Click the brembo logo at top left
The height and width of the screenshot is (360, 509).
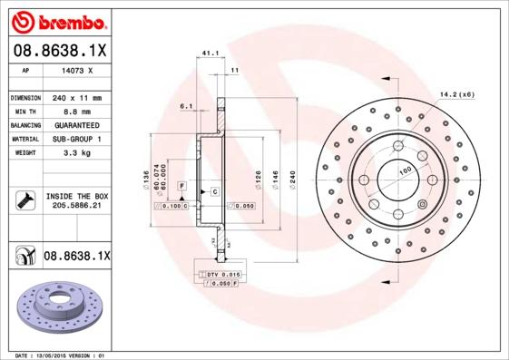59,20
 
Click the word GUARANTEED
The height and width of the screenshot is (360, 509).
76,124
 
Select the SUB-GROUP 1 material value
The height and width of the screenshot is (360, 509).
76,139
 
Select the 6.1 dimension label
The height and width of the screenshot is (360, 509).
187,106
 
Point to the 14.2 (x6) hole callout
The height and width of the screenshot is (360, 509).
457,93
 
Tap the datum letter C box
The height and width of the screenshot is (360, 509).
214,192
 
